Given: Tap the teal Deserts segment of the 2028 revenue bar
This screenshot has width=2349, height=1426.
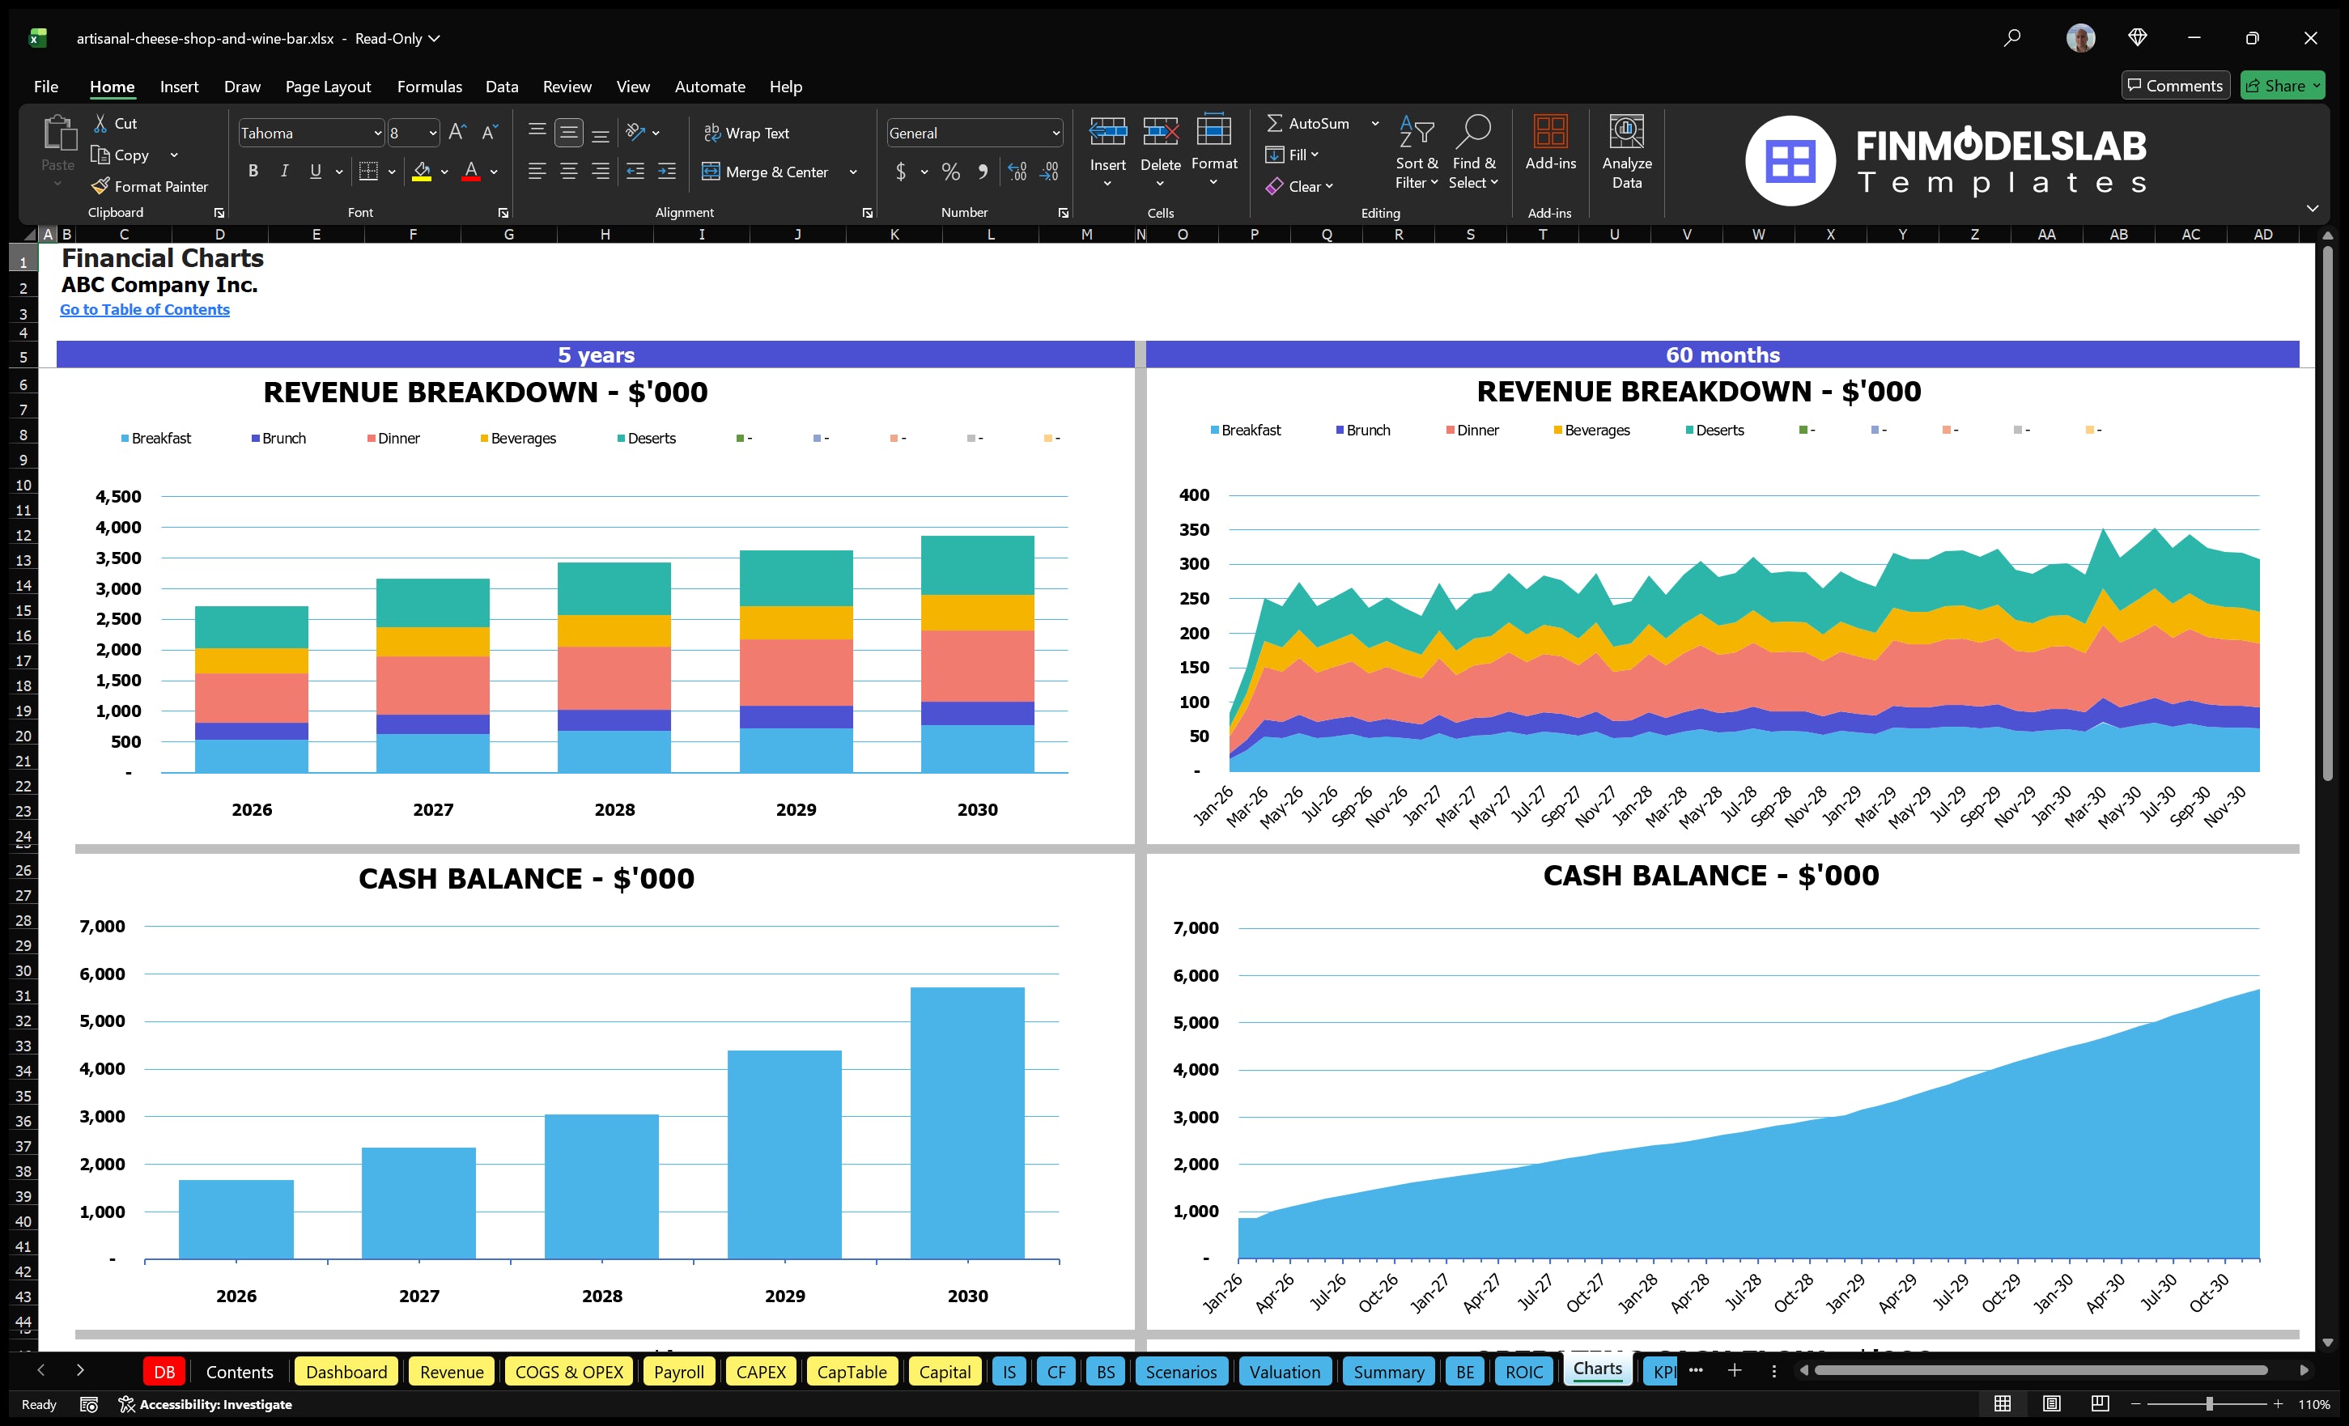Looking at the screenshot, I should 614,588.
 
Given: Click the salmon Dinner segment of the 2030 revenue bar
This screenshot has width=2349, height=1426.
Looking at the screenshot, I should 977,665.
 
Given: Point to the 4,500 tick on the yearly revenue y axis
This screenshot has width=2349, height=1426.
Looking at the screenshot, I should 118,497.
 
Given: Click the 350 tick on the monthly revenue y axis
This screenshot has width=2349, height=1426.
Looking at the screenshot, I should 1194,530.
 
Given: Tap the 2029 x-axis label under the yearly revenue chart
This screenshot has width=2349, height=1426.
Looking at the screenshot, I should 795,809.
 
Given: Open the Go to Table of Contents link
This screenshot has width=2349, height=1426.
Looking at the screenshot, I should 145,310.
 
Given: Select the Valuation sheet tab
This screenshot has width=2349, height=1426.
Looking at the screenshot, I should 1284,1372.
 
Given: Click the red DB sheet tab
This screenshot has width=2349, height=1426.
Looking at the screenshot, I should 164,1372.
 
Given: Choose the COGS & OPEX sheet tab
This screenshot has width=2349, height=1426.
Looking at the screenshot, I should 568,1372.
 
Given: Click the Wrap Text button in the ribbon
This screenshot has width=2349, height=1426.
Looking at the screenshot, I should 746,134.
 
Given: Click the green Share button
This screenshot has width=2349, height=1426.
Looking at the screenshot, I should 2281,86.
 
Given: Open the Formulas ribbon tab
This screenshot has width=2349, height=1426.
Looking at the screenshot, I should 429,87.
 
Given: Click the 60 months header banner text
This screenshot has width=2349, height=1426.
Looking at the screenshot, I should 1722,354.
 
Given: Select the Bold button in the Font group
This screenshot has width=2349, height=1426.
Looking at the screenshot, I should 253,172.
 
